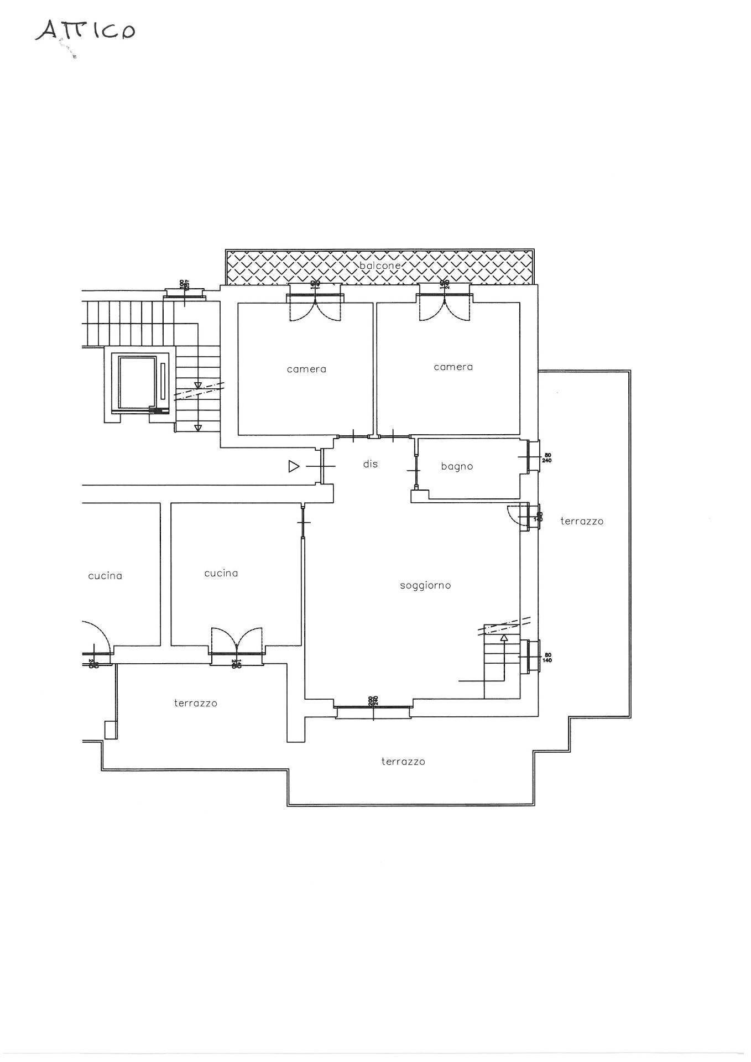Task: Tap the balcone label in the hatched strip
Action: pos(379,266)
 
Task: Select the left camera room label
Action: pos(306,369)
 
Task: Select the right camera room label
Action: pos(453,367)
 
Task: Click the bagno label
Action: pos(457,467)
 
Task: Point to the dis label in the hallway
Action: pos(370,464)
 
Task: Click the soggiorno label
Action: pos(425,585)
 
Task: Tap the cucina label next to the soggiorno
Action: pos(221,574)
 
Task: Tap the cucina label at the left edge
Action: pos(105,576)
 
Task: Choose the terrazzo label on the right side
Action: pos(582,521)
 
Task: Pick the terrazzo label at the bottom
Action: pos(403,762)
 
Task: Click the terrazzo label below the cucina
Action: pos(196,704)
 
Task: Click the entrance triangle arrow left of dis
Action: pos(294,467)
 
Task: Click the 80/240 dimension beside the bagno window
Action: pos(547,458)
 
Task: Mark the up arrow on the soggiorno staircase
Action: pos(504,638)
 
